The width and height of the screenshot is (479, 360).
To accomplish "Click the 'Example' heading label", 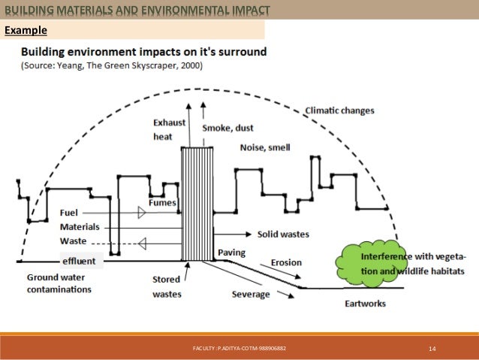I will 26,31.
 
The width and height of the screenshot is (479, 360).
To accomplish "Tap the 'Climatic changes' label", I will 339,110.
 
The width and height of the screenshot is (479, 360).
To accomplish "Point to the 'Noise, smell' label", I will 264,147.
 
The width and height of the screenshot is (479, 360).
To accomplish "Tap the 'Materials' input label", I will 80,226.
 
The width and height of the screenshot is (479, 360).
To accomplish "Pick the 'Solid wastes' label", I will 283,234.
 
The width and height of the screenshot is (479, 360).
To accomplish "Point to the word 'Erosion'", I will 287,262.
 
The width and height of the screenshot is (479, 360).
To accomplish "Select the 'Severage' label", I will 251,294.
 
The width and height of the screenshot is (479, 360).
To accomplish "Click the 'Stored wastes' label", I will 167,286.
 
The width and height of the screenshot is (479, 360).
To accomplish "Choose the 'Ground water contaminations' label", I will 59,283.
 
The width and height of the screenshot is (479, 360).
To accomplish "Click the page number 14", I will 432,349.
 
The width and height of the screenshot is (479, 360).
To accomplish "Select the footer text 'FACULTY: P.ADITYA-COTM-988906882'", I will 239,349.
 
